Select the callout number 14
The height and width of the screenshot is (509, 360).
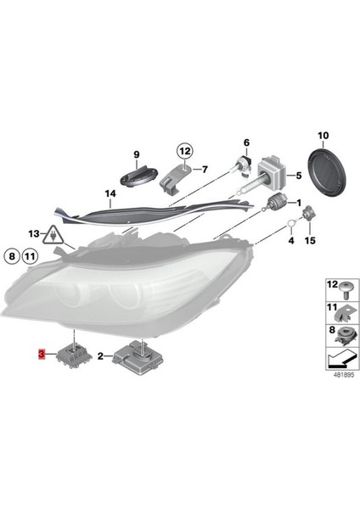[x=111, y=193]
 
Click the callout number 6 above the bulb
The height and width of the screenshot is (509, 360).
[x=247, y=142]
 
